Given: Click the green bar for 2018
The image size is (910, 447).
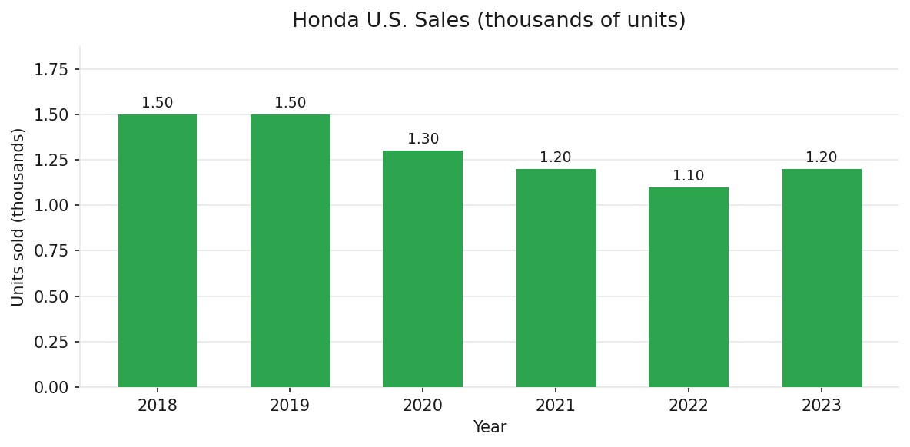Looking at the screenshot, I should [x=157, y=250].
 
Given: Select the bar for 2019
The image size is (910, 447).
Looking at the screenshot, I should [x=290, y=250].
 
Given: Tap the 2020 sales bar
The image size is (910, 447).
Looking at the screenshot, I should [x=423, y=269].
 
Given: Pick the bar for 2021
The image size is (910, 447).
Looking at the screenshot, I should [x=555, y=278].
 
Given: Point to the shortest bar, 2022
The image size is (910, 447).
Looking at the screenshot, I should [x=688, y=287].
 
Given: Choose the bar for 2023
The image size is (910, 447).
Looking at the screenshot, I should [x=821, y=278].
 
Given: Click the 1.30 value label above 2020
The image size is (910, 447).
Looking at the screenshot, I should [x=423, y=139].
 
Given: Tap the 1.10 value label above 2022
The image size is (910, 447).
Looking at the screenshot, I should [x=688, y=176].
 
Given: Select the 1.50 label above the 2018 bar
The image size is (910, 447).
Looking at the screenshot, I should [x=157, y=103].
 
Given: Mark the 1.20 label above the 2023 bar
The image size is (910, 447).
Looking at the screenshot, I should [x=821, y=157].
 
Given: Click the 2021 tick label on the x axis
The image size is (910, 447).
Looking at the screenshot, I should [x=555, y=406].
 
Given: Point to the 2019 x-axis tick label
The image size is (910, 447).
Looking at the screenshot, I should [x=290, y=406].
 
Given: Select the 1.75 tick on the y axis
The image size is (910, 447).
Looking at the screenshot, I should [x=51, y=70].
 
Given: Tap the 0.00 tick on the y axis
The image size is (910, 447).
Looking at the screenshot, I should [x=51, y=388].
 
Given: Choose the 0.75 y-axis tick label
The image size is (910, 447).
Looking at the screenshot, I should [x=51, y=251].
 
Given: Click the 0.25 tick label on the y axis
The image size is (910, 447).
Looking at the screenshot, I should [x=51, y=343].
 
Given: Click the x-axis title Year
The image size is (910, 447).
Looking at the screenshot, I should [x=490, y=427].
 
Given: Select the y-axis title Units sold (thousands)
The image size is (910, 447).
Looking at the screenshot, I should [x=18, y=217].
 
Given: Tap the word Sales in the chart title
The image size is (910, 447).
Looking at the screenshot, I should [x=444, y=21].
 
